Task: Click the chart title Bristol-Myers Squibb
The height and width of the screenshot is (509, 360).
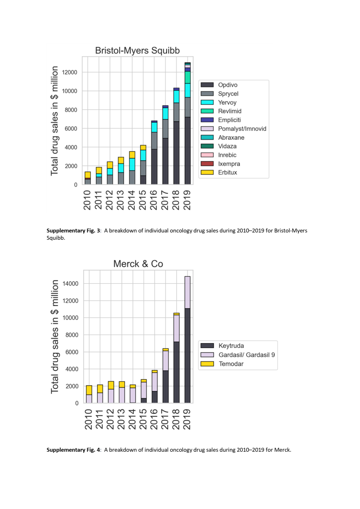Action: click(x=137, y=50)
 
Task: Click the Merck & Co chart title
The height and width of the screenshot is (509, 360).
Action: click(x=138, y=264)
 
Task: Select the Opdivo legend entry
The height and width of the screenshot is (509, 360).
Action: click(x=228, y=85)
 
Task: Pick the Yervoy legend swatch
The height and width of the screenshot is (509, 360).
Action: click(x=207, y=103)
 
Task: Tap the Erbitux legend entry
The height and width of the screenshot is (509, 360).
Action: click(x=227, y=173)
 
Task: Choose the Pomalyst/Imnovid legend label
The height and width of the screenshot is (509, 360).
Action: click(x=242, y=129)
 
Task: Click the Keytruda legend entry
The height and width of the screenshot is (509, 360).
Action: click(x=231, y=346)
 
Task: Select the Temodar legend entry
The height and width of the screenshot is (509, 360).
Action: click(x=231, y=364)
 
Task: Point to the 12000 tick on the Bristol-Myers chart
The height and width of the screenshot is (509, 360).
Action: click(x=69, y=72)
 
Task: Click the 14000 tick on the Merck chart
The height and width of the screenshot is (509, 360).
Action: click(x=70, y=284)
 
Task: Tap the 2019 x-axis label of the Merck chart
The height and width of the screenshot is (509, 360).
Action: click(x=187, y=419)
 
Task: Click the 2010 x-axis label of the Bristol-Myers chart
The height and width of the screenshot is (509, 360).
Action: click(x=87, y=200)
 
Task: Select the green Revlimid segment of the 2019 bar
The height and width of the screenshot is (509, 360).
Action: click(x=188, y=77)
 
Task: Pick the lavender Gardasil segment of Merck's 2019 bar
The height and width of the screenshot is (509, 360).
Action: click(x=188, y=292)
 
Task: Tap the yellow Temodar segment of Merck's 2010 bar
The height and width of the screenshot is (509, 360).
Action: click(x=89, y=390)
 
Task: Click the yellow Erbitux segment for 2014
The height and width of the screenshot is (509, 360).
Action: click(x=132, y=155)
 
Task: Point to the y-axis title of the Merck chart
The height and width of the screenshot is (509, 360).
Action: click(x=55, y=336)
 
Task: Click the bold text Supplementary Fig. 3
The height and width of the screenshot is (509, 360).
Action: click(x=73, y=231)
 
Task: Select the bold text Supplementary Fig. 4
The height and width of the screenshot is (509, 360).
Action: click(x=73, y=450)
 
